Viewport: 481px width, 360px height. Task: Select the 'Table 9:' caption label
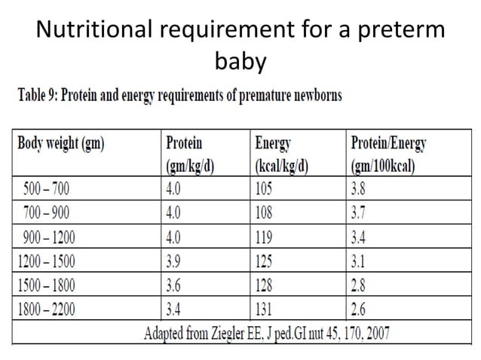(40, 96)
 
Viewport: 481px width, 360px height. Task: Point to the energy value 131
(268, 307)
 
